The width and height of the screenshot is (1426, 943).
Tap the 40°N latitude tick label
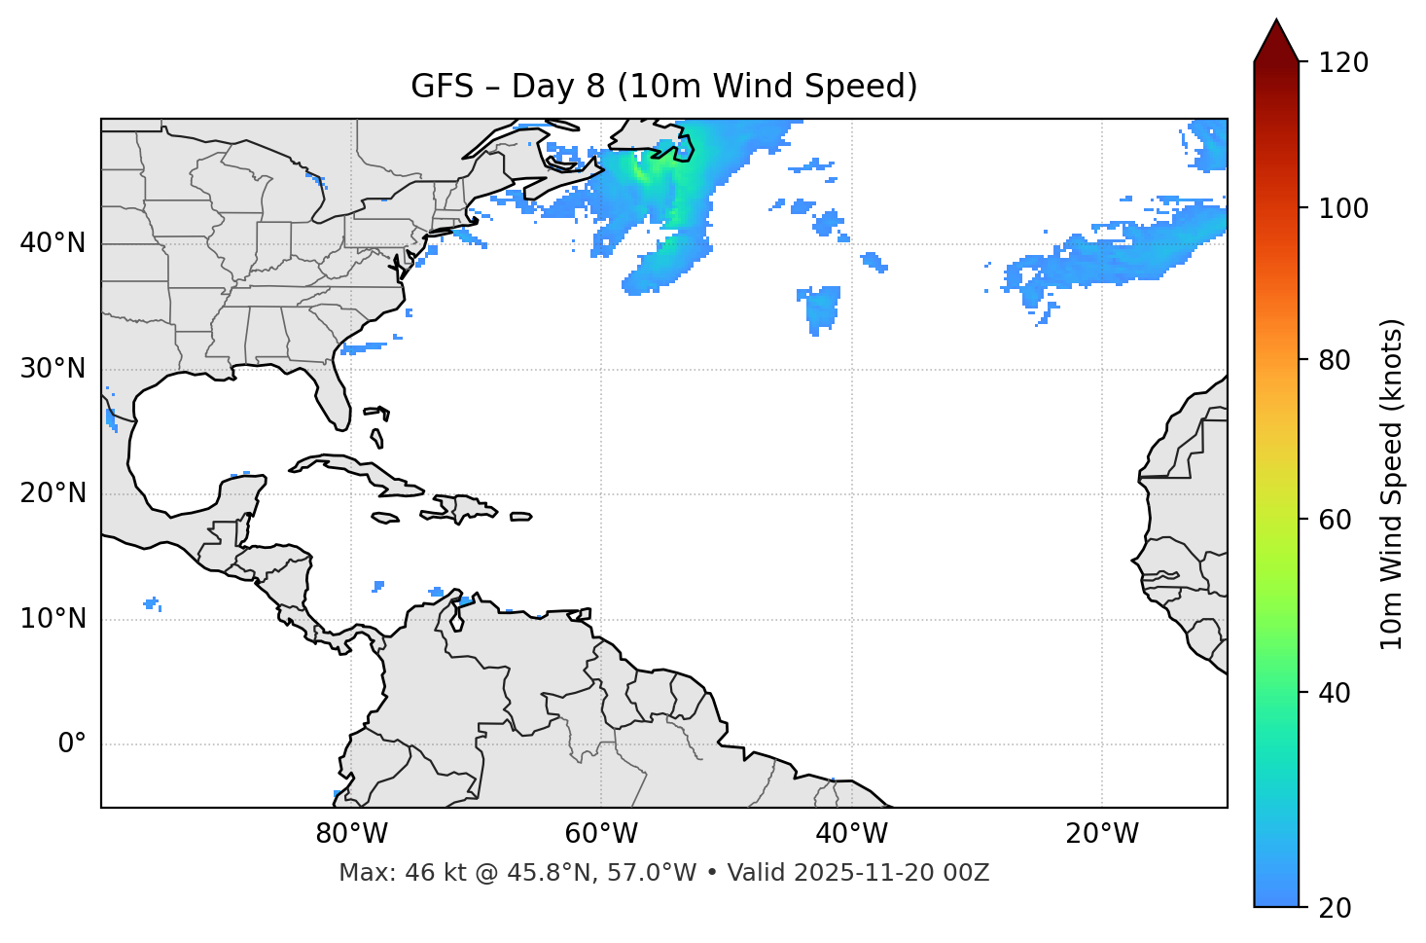click(x=53, y=243)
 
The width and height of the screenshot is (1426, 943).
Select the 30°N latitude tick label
click(x=53, y=369)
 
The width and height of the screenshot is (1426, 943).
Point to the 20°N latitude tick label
click(x=53, y=493)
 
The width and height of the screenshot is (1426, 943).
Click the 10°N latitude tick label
click(x=53, y=619)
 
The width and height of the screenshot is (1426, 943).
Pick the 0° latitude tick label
click(x=72, y=744)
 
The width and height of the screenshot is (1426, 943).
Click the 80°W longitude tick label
click(x=351, y=834)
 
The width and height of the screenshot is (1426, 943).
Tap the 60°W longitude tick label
click(x=601, y=834)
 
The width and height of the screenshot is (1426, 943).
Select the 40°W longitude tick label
click(x=851, y=834)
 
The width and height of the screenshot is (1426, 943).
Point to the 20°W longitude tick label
click(x=1101, y=834)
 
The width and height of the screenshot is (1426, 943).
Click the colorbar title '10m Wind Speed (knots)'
click(x=1392, y=485)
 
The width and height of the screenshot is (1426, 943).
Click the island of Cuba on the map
click(x=355, y=469)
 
